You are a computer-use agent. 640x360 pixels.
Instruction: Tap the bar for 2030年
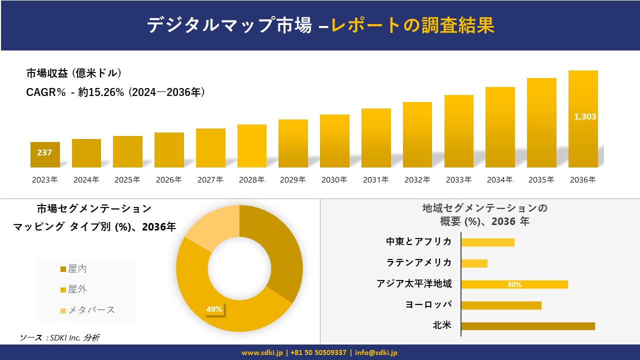pyautogui.click(x=334, y=141)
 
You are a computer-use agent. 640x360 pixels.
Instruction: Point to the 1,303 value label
pyautogui.click(x=584, y=116)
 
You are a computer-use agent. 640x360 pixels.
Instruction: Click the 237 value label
pyautogui.click(x=44, y=152)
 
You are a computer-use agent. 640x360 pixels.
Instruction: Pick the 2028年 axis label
pyautogui.click(x=251, y=180)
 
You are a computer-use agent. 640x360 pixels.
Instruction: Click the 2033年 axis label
pyautogui.click(x=458, y=180)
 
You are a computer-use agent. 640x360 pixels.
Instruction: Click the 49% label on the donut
pyautogui.click(x=214, y=309)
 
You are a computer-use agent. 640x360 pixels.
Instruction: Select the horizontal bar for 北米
pyautogui.click(x=527, y=326)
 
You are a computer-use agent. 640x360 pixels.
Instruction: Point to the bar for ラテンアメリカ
pyautogui.click(x=474, y=263)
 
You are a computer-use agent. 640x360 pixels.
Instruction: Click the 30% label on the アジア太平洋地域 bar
pyautogui.click(x=514, y=284)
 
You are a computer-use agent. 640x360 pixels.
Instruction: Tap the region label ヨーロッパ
pyautogui.click(x=428, y=304)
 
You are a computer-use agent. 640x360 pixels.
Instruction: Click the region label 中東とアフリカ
pyautogui.click(x=418, y=241)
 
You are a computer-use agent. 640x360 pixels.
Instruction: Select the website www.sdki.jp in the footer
pyautogui.click(x=262, y=352)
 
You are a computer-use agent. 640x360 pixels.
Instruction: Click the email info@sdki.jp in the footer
pyautogui.click(x=376, y=352)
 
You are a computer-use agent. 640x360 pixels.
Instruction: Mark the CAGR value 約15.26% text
pyautogui.click(x=101, y=92)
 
